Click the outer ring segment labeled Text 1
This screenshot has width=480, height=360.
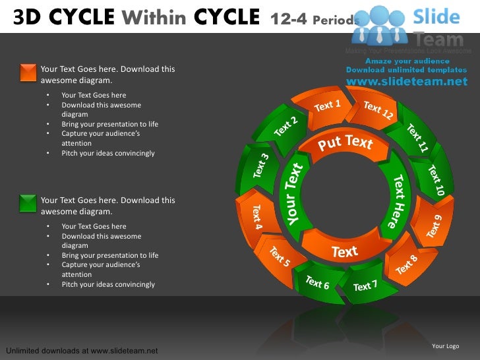[x=327, y=105]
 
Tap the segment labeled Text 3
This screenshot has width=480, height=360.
[x=260, y=165]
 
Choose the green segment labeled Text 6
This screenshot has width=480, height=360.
[x=317, y=282]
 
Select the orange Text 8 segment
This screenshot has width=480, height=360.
[x=406, y=264]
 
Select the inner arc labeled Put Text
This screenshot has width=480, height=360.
[x=345, y=143]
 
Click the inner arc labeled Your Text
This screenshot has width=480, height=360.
[x=295, y=194]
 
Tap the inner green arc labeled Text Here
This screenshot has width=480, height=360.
[x=400, y=200]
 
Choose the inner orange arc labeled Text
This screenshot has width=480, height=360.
[x=344, y=251]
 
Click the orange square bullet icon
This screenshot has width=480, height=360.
[x=28, y=72]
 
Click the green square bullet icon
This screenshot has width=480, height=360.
[x=28, y=203]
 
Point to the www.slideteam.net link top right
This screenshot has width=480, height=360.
[x=406, y=82]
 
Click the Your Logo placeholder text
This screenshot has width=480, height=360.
[x=445, y=346]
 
